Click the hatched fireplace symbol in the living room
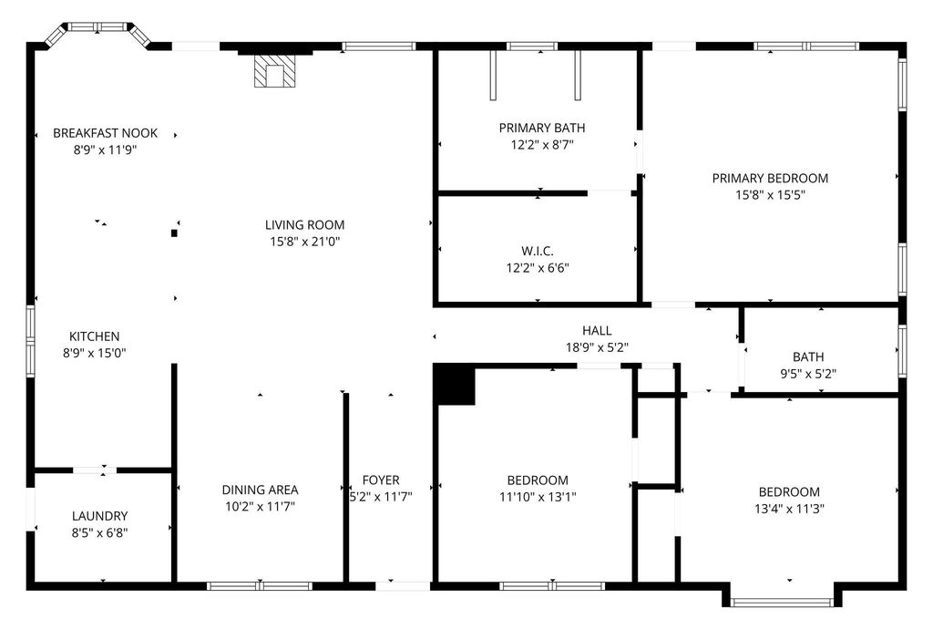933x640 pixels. click(x=274, y=71)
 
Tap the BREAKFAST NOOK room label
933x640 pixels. click(x=106, y=133)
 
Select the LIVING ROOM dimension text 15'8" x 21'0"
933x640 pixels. click(x=304, y=241)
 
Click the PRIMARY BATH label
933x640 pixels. click(x=542, y=128)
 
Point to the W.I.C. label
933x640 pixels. click(x=538, y=252)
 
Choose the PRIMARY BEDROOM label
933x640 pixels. click(x=770, y=178)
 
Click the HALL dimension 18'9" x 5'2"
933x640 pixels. click(x=597, y=347)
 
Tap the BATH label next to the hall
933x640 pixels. click(x=808, y=357)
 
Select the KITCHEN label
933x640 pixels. click(x=94, y=336)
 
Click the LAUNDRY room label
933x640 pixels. click(x=100, y=516)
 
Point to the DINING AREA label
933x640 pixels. click(x=260, y=490)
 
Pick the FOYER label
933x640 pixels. click(x=381, y=480)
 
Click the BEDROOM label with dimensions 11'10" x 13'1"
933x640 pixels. click(x=538, y=480)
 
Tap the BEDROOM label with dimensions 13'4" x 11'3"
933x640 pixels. click(x=789, y=492)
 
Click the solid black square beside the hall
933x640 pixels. click(x=454, y=385)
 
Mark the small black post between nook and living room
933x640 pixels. click(x=174, y=233)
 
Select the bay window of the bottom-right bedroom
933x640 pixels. click(x=782, y=603)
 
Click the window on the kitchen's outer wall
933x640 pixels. click(x=30, y=341)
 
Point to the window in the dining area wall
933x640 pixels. click(x=260, y=586)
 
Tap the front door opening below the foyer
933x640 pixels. click(x=403, y=586)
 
